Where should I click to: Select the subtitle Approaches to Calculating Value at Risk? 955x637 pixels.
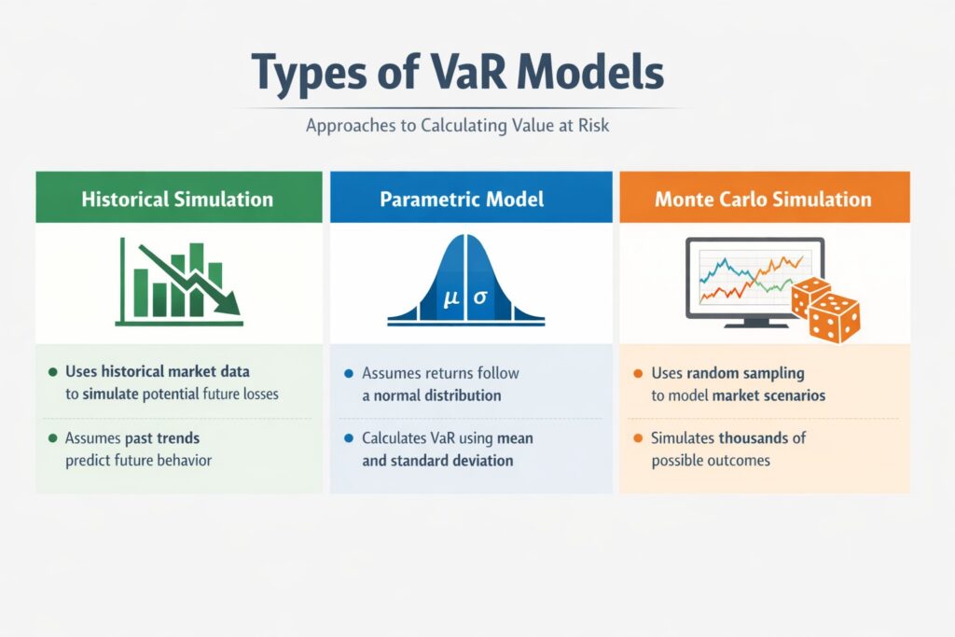[x=457, y=124]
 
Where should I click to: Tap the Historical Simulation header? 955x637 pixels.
[x=177, y=199]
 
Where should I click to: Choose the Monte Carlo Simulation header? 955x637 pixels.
[x=763, y=199]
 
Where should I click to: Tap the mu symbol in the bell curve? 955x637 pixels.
[x=452, y=299]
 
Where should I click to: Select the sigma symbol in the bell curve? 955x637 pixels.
[x=480, y=299]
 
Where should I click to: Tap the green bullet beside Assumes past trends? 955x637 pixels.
[x=52, y=437]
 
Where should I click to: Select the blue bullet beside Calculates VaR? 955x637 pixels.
[x=349, y=437]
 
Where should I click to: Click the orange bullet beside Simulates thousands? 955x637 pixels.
[x=638, y=437]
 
